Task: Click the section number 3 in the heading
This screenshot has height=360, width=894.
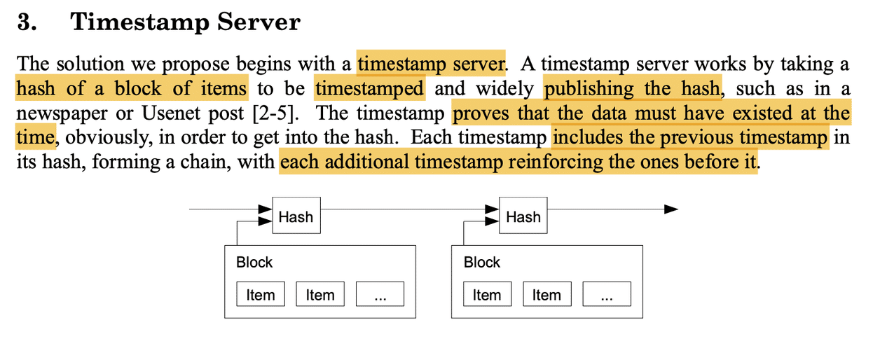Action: click(x=26, y=22)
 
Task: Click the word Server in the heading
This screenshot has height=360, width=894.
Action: click(x=258, y=22)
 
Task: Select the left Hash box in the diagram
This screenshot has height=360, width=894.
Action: click(x=296, y=216)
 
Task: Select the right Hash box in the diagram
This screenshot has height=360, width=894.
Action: click(x=523, y=216)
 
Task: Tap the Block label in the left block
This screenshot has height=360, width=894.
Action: click(x=254, y=263)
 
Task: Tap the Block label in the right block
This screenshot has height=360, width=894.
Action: click(x=482, y=263)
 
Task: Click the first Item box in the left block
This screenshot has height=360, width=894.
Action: click(x=261, y=295)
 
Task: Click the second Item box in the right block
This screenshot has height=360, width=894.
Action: click(x=546, y=295)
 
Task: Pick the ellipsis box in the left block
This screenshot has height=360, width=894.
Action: click(x=380, y=295)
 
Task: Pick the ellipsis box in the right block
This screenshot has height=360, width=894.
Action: click(x=607, y=295)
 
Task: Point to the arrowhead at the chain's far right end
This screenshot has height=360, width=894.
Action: click(x=670, y=209)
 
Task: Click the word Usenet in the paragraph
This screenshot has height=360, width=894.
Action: click(x=166, y=113)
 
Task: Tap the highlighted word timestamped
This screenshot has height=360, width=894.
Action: click(x=369, y=89)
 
